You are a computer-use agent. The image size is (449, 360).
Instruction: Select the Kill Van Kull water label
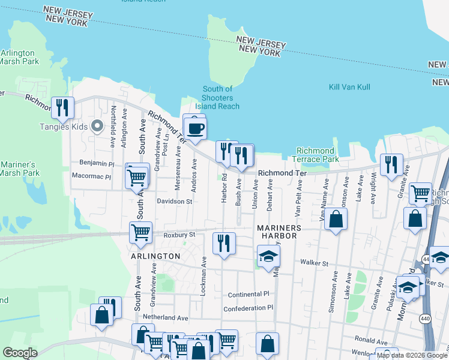pyautogui.click(x=349, y=87)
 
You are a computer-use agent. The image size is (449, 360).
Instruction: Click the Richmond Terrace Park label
pyautogui.click(x=315, y=155)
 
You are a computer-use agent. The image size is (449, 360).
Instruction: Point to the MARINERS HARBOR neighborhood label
pyautogui.click(x=277, y=232)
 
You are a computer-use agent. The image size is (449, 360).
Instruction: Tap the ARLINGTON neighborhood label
pyautogui.click(x=155, y=256)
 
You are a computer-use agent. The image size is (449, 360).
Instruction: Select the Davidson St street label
pyautogui.click(x=174, y=202)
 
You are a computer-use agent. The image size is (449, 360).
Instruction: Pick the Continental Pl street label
pyautogui.click(x=249, y=295)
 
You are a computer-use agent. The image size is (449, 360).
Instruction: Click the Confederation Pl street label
pyautogui.click(x=248, y=308)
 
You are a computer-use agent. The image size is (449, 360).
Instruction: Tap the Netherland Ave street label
pyautogui.click(x=165, y=317)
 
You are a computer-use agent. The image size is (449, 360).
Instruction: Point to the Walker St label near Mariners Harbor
pyautogui.click(x=314, y=263)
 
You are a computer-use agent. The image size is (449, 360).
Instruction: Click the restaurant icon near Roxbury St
pyautogui.click(x=224, y=243)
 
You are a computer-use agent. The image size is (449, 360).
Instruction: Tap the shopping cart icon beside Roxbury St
pyautogui.click(x=140, y=232)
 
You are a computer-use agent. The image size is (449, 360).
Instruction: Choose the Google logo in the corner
pyautogui.click(x=20, y=353)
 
